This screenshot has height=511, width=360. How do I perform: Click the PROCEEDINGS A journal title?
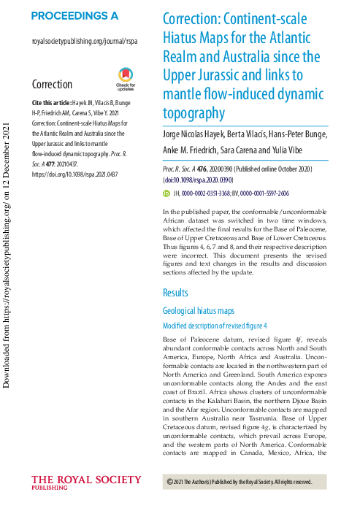pyautogui.click(x=75, y=15)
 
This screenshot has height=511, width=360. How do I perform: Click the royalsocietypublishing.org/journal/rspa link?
pyautogui.click(x=85, y=42)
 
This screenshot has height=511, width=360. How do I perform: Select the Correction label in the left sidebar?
pyautogui.click(x=52, y=85)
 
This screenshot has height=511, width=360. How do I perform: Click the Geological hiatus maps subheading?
pyautogui.click(x=202, y=310)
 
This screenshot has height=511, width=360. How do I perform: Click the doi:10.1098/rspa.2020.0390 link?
pyautogui.click(x=199, y=178)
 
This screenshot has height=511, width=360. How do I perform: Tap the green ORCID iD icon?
pyautogui.click(x=166, y=193)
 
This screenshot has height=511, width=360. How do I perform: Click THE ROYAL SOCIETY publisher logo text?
pyautogui.click(x=85, y=480)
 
